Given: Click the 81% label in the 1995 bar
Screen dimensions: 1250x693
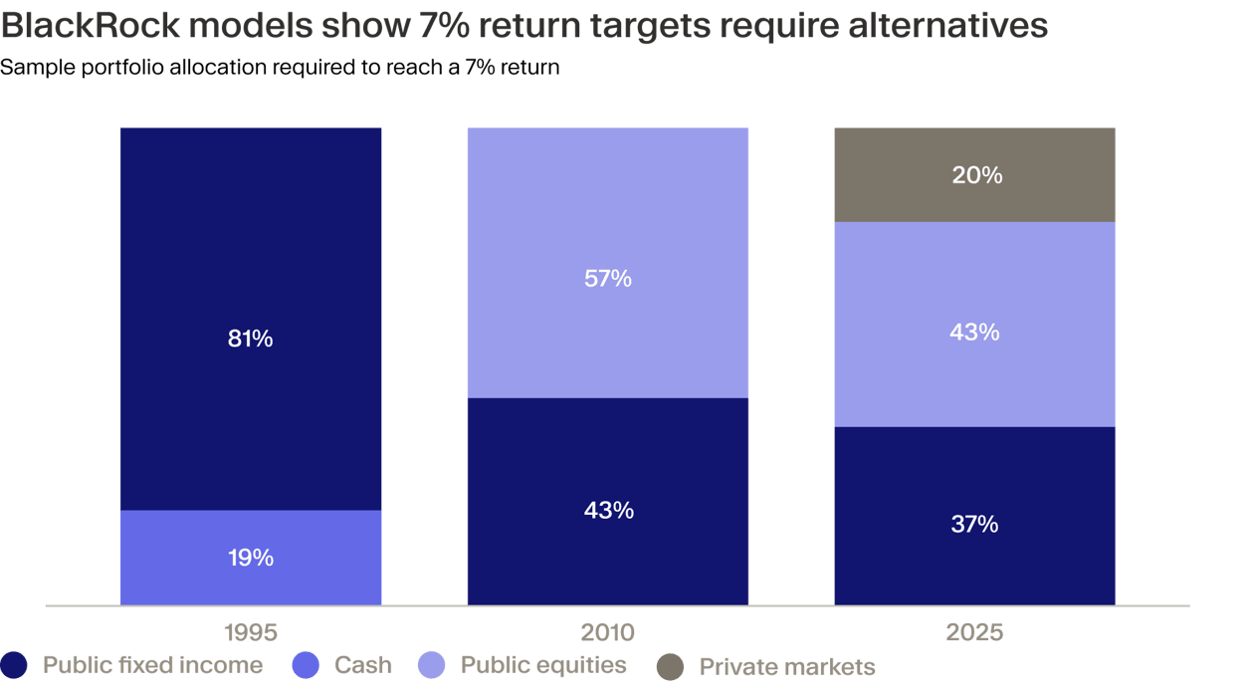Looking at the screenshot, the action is pyautogui.click(x=250, y=339).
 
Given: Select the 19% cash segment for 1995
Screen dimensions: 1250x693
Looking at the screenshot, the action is pyautogui.click(x=251, y=558).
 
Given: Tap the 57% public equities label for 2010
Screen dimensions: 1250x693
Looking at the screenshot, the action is pyautogui.click(x=608, y=278).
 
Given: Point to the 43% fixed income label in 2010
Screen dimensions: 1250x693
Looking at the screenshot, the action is pyautogui.click(x=609, y=510).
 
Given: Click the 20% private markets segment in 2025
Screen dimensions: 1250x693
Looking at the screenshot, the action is pyautogui.click(x=974, y=175).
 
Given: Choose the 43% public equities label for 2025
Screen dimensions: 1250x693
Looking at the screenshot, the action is pyautogui.click(x=974, y=333).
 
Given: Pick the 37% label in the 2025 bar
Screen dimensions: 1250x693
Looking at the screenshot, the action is pyautogui.click(x=974, y=524).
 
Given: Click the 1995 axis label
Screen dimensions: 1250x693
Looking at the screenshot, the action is pyautogui.click(x=251, y=632).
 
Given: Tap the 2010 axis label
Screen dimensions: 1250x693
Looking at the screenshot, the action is pyautogui.click(x=608, y=632).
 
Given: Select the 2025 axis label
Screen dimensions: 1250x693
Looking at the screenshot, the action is pyautogui.click(x=974, y=632).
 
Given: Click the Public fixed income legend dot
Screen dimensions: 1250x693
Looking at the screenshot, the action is pyautogui.click(x=13, y=665).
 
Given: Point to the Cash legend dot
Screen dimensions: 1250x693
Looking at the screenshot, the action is pyautogui.click(x=306, y=665).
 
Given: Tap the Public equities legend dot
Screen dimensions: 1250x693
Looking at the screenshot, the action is pyautogui.click(x=431, y=665).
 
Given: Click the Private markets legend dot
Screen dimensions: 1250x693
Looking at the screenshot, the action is pyautogui.click(x=670, y=667).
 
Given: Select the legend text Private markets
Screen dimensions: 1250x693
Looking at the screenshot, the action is pyautogui.click(x=787, y=667).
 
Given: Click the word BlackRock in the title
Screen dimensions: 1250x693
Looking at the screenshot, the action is pyautogui.click(x=91, y=25).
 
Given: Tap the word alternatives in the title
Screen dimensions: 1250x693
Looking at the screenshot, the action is pyautogui.click(x=948, y=25).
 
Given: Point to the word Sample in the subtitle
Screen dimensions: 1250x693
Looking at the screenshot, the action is pyautogui.click(x=38, y=68).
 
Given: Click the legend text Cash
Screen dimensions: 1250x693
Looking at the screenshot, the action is pyautogui.click(x=363, y=665).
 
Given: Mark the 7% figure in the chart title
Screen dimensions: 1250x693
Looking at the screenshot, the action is pyautogui.click(x=444, y=25).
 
